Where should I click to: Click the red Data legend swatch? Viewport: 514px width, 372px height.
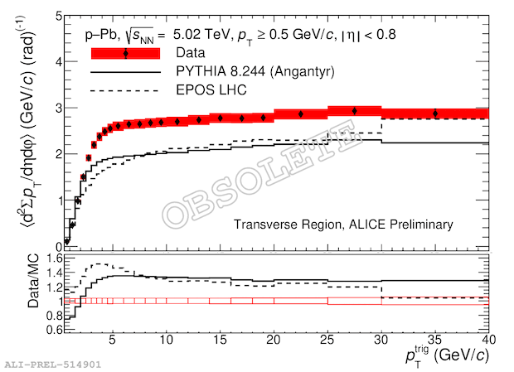click(x=124, y=54)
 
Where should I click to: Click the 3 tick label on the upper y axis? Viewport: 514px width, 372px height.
click(x=52, y=109)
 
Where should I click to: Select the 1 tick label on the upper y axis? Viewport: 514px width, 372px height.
click(x=52, y=200)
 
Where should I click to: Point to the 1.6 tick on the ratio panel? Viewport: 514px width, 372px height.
click(x=46, y=258)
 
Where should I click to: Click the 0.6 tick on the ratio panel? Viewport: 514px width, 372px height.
click(x=46, y=330)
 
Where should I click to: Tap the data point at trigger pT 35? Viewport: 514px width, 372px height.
click(x=435, y=114)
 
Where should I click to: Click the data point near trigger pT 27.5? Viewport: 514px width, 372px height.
click(x=354, y=110)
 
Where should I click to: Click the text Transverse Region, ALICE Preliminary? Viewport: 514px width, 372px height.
click(x=343, y=225)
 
